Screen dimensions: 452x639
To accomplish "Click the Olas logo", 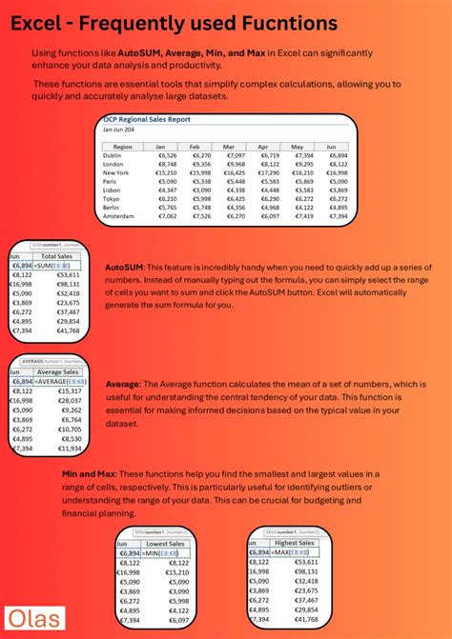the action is click(34, 618).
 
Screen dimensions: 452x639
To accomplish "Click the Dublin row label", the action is click(113, 155).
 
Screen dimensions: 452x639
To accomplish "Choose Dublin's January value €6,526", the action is click(168, 155).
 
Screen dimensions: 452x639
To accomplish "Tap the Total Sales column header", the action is click(58, 256).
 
